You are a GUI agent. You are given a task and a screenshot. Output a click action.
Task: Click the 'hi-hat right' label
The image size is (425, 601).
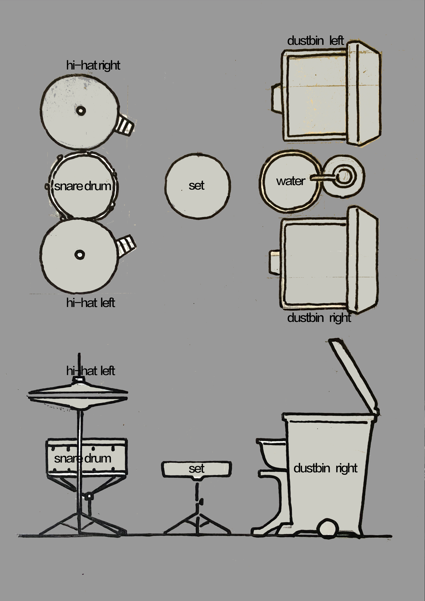coord(93,66)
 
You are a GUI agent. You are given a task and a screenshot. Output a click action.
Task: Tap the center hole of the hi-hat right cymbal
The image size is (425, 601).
coord(81,110)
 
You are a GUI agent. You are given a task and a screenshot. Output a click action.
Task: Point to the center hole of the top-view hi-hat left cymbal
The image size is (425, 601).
coord(80,254)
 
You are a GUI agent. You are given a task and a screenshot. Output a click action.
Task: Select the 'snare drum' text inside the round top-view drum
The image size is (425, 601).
coord(82,186)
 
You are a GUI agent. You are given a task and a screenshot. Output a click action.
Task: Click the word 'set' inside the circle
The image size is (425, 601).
coord(197,186)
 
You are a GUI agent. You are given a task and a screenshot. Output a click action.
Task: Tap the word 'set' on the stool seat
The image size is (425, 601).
coord(197,469)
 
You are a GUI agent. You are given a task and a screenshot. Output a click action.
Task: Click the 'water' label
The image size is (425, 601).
coord(291,181)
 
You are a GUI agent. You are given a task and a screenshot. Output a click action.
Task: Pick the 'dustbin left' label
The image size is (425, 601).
coord(315,41)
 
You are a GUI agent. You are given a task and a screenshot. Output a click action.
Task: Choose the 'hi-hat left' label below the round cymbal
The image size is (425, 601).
coord(90,303)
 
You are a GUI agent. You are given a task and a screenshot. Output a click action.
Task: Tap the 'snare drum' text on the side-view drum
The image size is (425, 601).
coord(82,458)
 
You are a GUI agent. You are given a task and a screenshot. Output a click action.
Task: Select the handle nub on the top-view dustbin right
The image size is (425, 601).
coord(275,262)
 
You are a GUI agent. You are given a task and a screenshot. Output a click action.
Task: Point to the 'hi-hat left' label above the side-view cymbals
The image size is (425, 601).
coord(90,371)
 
